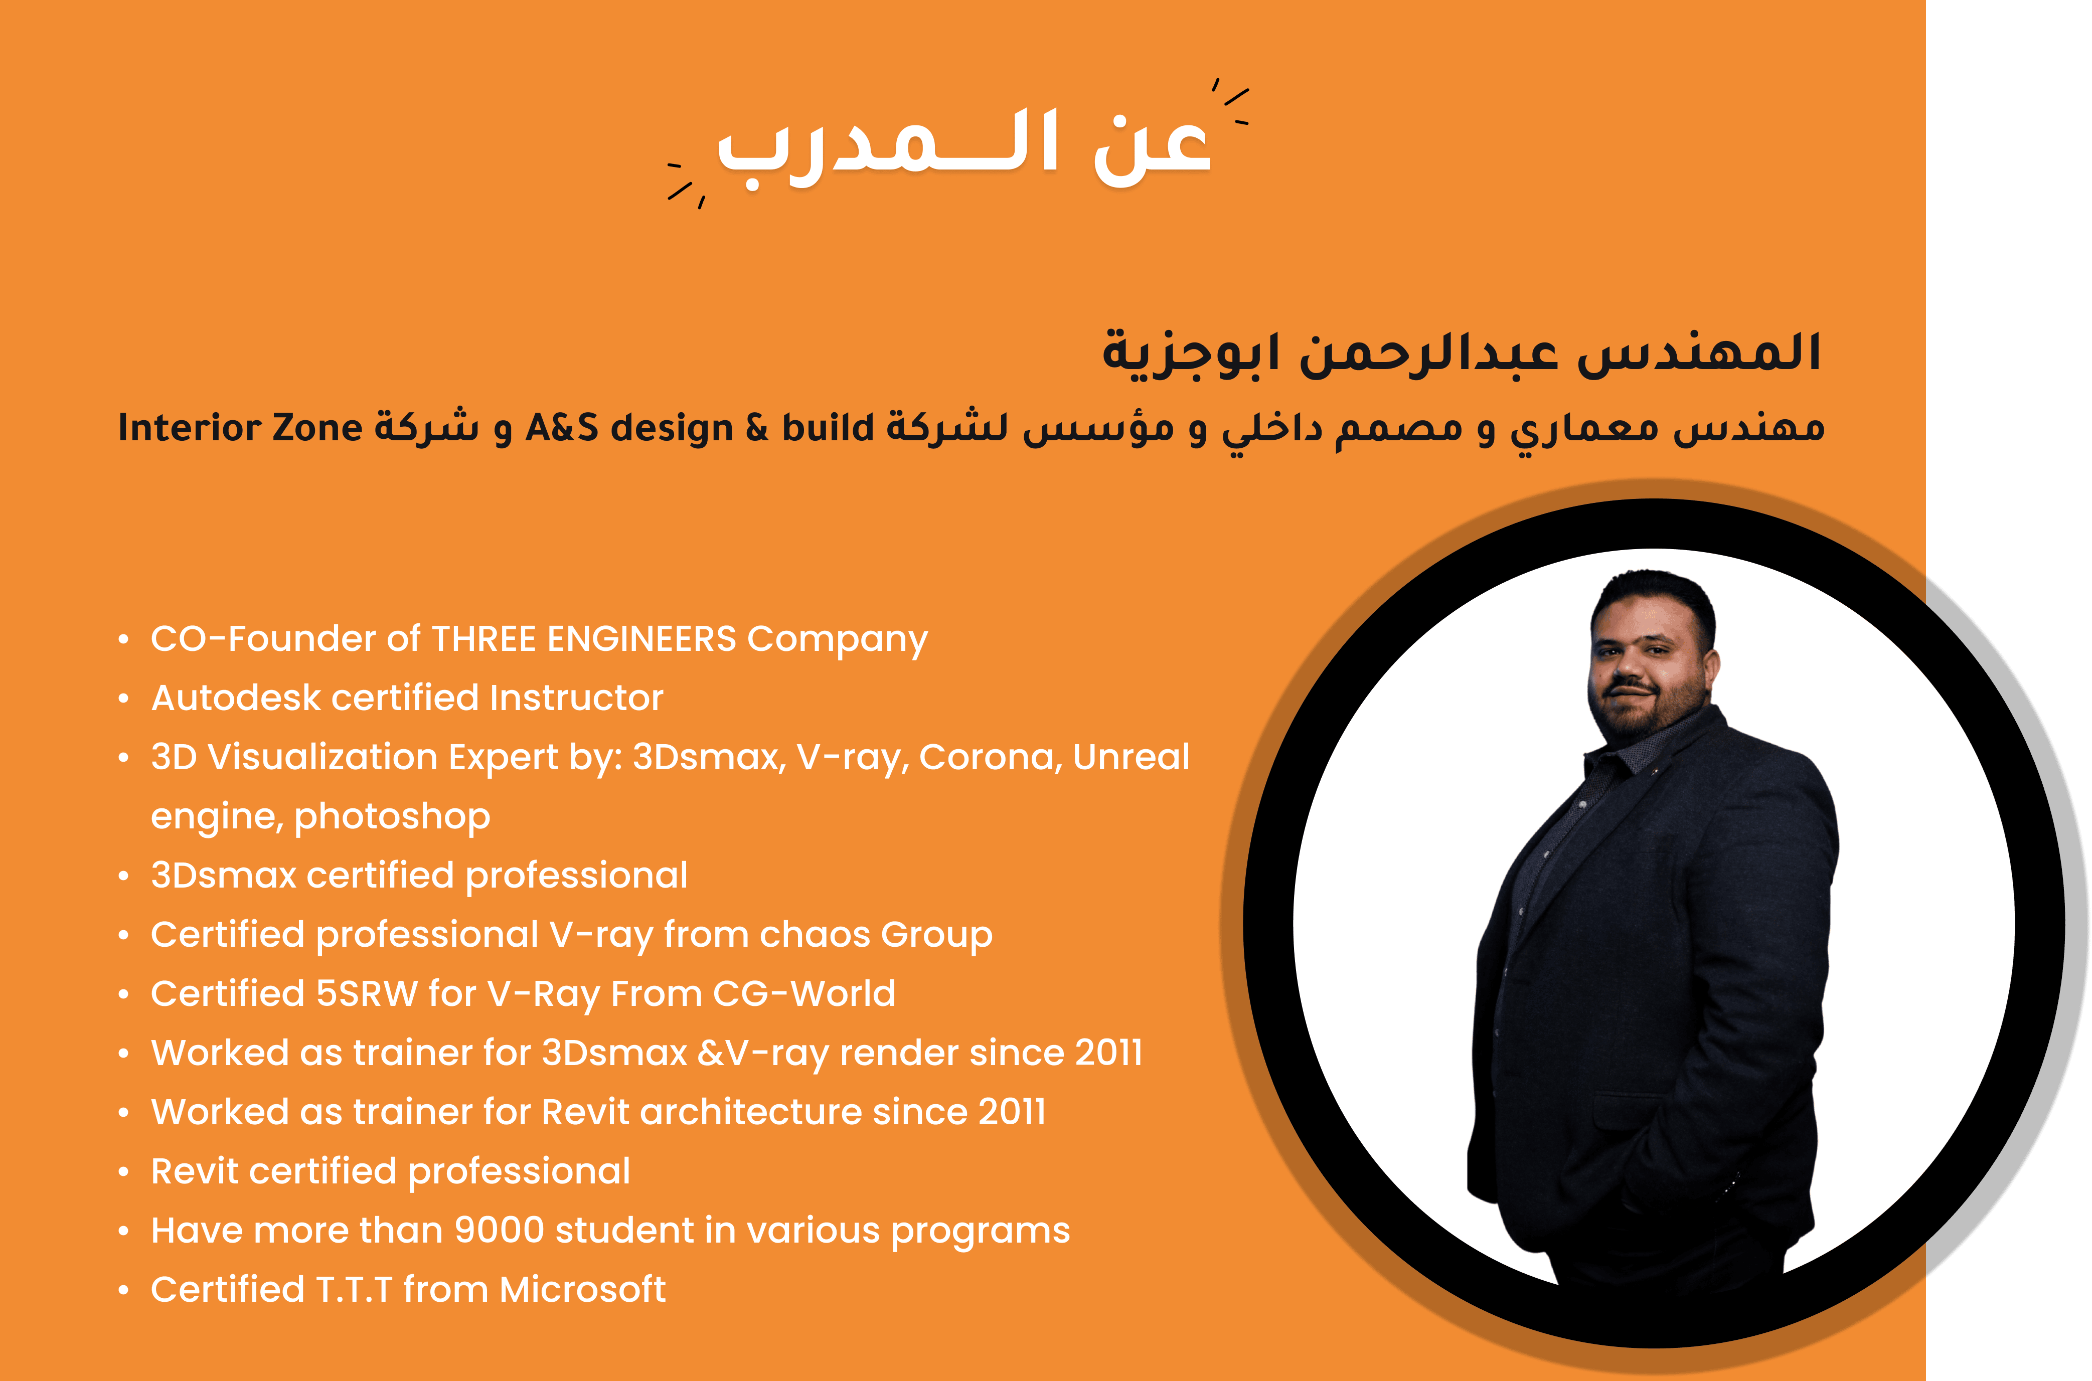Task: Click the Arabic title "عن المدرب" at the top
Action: pos(964,145)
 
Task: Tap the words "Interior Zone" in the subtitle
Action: pos(240,428)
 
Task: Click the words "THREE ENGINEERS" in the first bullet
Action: pos(584,638)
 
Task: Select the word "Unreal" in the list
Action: pos(1131,757)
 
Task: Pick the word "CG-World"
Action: pos(803,993)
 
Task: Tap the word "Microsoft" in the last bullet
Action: pos(582,1289)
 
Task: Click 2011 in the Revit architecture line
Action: pos(1012,1112)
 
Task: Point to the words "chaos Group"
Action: pos(876,935)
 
